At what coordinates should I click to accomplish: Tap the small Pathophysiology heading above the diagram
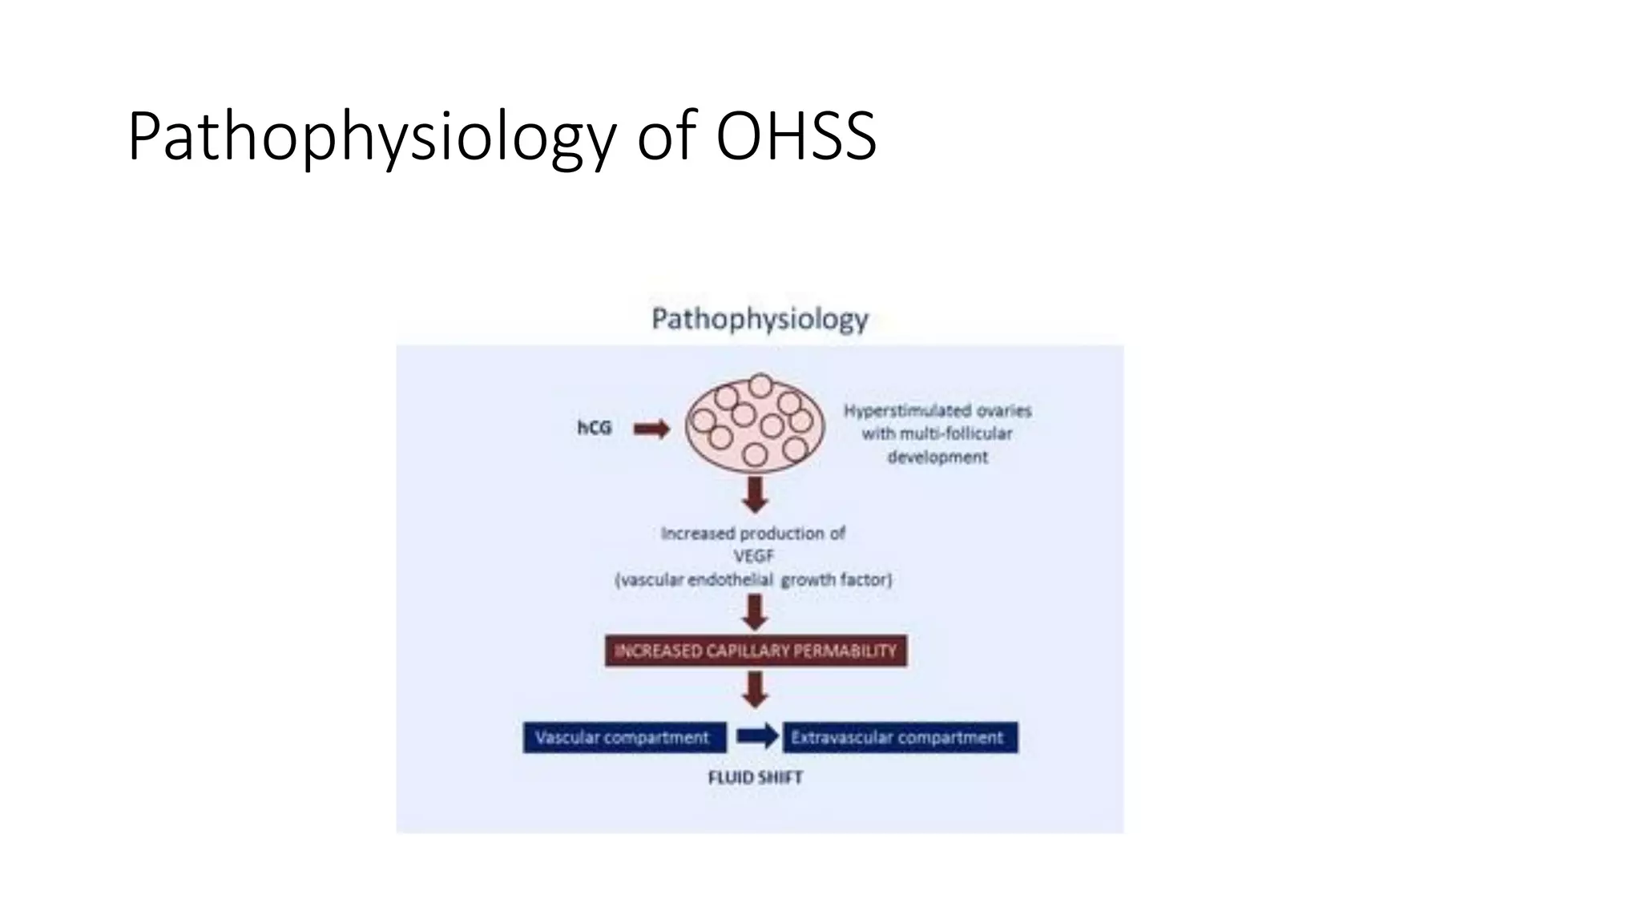click(x=760, y=319)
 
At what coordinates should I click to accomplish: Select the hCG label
click(x=595, y=428)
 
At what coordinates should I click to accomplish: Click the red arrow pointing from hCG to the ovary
click(x=651, y=429)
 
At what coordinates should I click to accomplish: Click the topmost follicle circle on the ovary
click(x=760, y=385)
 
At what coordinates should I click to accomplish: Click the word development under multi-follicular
click(x=937, y=457)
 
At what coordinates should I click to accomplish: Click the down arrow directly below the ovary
click(x=755, y=494)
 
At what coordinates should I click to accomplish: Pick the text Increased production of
click(x=752, y=534)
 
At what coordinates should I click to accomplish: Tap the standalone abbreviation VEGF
click(x=753, y=556)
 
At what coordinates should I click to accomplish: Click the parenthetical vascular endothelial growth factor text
click(x=753, y=579)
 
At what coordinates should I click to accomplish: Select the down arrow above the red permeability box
click(x=755, y=613)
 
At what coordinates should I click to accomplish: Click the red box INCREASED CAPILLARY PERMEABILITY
click(x=756, y=651)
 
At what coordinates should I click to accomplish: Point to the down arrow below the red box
click(x=755, y=689)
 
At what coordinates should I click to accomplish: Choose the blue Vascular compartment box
click(x=624, y=737)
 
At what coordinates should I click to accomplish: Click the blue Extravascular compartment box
click(x=899, y=737)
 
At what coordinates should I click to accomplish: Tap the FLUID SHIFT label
click(x=755, y=777)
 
